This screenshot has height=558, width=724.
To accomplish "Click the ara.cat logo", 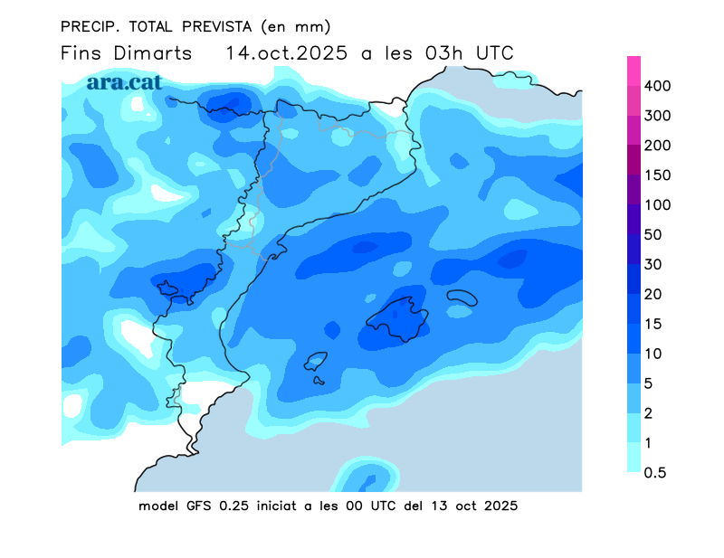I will [x=124, y=81].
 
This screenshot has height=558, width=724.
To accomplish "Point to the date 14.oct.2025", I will [x=287, y=52].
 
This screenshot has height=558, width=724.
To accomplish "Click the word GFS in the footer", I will [x=196, y=506].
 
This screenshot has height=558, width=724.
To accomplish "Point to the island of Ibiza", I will [x=316, y=361].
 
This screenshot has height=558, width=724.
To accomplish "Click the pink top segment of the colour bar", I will [x=633, y=71].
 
